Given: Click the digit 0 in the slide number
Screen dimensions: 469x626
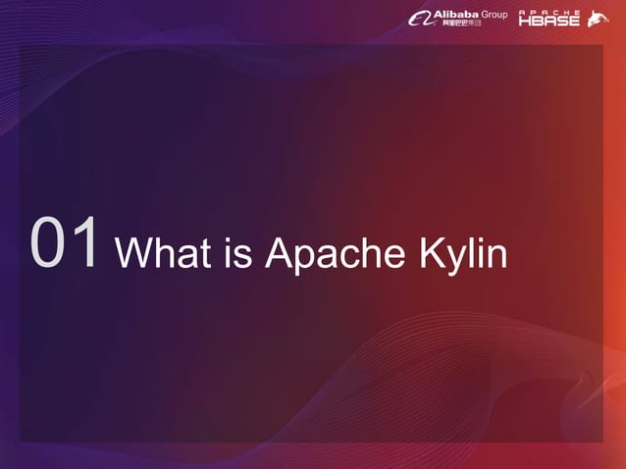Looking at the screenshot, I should coord(49,242).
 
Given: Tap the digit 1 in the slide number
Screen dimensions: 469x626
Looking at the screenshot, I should coord(86,242).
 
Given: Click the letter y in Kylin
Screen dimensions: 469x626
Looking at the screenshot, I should coord(457,259).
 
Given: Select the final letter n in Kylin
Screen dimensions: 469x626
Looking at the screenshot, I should coord(496,257).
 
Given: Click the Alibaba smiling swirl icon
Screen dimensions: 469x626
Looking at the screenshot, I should coord(420,19).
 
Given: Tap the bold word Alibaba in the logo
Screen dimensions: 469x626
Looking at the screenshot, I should coord(456,14).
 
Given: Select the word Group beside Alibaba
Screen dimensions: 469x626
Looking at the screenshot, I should coord(496,15).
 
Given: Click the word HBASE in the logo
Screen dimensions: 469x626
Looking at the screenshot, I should coord(549,22).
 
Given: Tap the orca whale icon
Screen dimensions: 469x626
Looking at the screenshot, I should coord(598,19).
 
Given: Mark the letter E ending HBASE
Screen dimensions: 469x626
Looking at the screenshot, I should coord(574,22).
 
